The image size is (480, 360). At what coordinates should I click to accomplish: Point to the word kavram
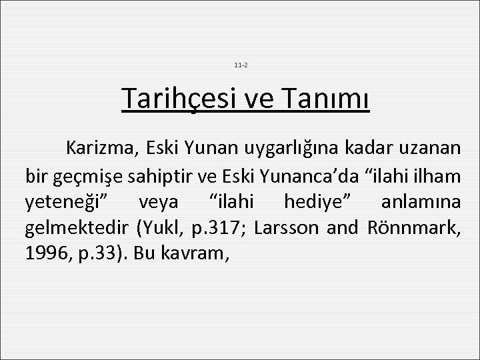(x=197, y=256)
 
